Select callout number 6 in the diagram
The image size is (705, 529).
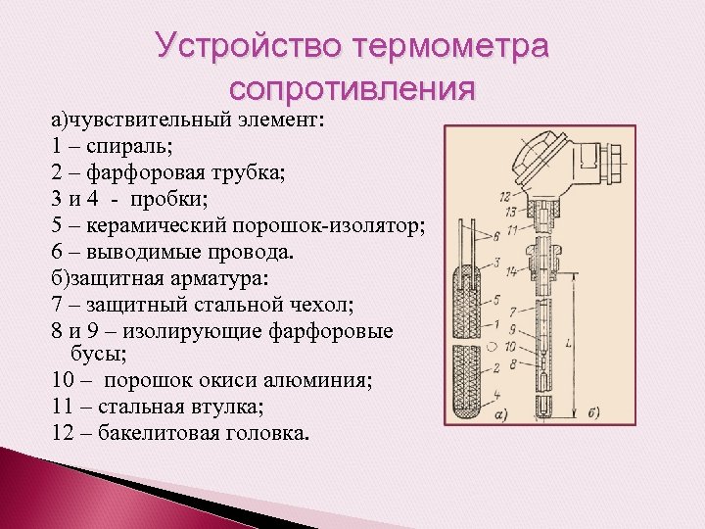coord(498,235)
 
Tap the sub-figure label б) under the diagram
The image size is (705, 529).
coord(591,411)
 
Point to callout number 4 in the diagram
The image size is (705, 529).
coord(497,394)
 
